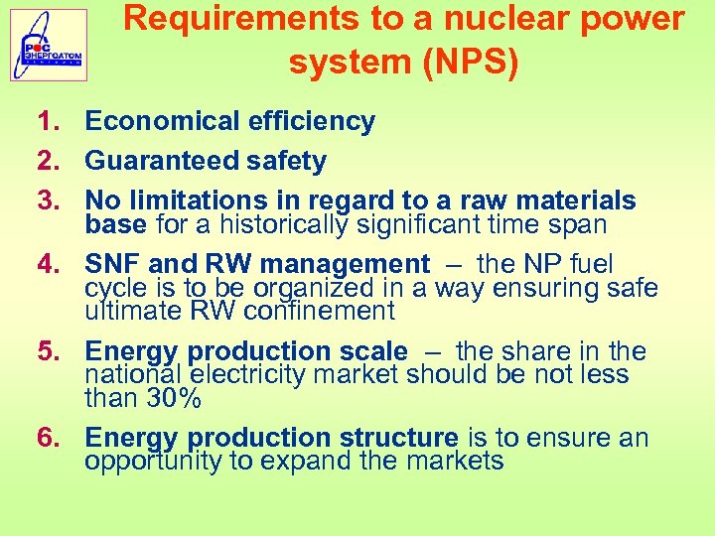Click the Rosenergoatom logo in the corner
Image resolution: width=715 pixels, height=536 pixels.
coord(49,46)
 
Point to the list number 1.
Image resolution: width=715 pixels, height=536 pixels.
coord(49,122)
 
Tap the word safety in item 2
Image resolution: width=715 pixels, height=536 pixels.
coord(286,161)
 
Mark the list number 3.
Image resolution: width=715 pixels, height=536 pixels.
coord(49,201)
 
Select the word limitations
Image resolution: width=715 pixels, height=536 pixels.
coord(202,201)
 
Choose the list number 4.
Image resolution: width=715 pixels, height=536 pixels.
coord(49,265)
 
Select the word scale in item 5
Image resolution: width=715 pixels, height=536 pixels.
coord(372,351)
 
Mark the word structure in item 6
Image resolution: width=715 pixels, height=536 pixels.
coord(398,438)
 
